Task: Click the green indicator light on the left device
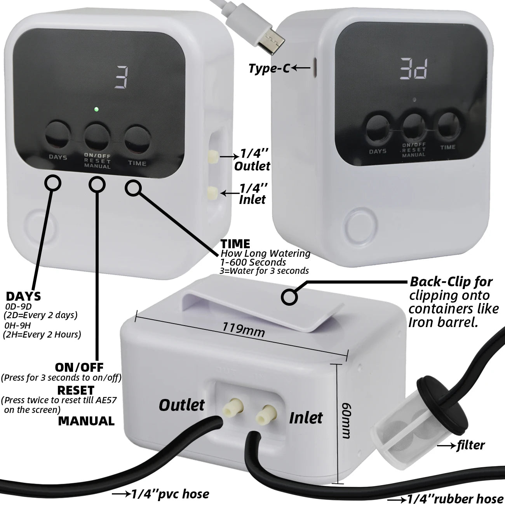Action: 96,109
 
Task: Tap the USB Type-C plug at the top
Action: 270,39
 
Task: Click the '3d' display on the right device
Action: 414,69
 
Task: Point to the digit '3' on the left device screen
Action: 121,77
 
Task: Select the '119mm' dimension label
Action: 244,330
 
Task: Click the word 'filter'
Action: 470,445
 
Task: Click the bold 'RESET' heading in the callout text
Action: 75,390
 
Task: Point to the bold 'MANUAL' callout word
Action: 86,421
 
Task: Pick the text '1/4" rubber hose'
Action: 455,499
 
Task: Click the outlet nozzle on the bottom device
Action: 232,409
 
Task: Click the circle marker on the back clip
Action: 289,297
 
